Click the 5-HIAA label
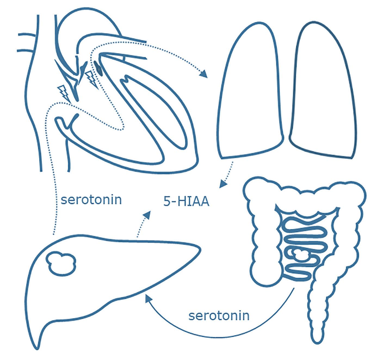(186, 202)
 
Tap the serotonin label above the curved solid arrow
(219, 316)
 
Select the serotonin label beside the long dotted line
(91, 200)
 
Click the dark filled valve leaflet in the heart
(98, 67)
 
